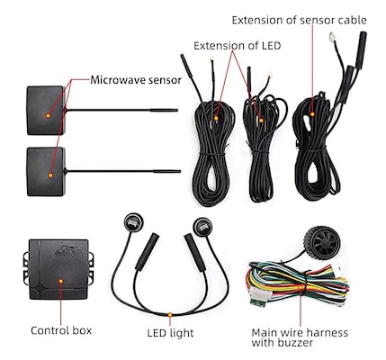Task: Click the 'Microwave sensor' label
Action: [136, 80]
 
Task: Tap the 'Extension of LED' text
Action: [237, 46]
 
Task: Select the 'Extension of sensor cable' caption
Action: [299, 20]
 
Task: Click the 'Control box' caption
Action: [61, 330]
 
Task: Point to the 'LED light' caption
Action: [170, 333]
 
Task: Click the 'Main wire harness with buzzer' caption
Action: [300, 337]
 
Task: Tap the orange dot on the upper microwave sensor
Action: [48, 115]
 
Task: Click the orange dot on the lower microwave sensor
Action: [50, 175]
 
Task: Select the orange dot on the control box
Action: [61, 281]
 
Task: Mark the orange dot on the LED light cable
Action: [170, 315]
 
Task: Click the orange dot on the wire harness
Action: [301, 287]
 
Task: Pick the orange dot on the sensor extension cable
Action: [312, 114]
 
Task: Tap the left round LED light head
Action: [133, 222]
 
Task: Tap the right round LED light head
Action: [202, 227]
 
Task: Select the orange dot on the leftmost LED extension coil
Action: [216, 118]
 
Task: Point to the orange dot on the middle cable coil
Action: [261, 121]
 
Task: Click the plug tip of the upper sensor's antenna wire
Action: [176, 110]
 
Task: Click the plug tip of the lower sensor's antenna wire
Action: [179, 171]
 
